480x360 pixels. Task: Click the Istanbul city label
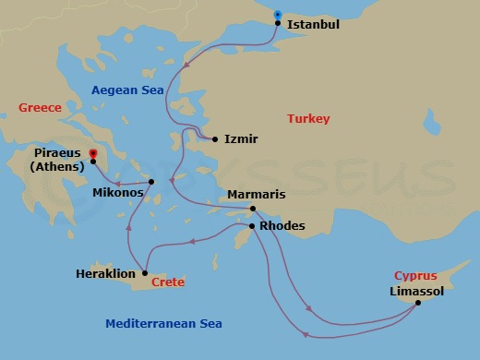pyautogui.click(x=314, y=25)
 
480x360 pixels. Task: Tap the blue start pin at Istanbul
pyautogui.click(x=279, y=15)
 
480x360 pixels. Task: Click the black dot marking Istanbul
pyautogui.click(x=279, y=25)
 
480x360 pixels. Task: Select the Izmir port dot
pyautogui.click(x=215, y=139)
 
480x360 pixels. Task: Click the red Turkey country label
pyautogui.click(x=308, y=119)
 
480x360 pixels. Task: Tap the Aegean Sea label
pyautogui.click(x=127, y=90)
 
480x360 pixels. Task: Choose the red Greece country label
pyautogui.click(x=40, y=108)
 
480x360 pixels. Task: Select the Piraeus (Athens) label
pyautogui.click(x=59, y=160)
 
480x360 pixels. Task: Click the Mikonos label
pyautogui.click(x=118, y=195)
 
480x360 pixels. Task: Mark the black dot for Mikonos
pyautogui.click(x=152, y=181)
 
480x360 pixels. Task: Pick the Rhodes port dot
pyautogui.click(x=252, y=224)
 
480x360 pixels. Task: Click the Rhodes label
pyautogui.click(x=282, y=225)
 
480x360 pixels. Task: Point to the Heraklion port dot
pyautogui.click(x=145, y=273)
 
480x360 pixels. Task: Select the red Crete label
pyautogui.click(x=167, y=282)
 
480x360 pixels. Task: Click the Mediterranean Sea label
pyautogui.click(x=163, y=324)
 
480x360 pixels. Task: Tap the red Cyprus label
pyautogui.click(x=415, y=275)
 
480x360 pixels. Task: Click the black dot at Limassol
pyautogui.click(x=417, y=303)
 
